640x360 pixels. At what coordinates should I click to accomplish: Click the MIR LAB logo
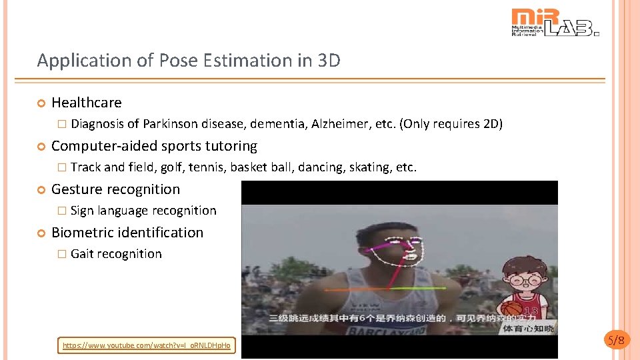555,23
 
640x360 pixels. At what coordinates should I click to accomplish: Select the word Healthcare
87,103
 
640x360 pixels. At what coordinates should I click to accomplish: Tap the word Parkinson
170,124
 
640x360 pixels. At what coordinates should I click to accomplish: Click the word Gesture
76,189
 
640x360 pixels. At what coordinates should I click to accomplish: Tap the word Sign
82,211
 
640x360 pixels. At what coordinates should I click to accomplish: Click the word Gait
82,254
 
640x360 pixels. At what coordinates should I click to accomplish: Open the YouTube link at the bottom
146,345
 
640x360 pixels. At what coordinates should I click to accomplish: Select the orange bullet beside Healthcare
41,103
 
